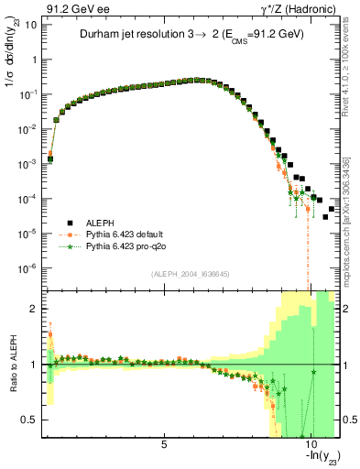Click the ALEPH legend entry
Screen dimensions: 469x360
click(100, 222)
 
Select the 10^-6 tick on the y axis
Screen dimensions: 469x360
click(27, 268)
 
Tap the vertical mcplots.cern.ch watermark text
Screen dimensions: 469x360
click(353, 220)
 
